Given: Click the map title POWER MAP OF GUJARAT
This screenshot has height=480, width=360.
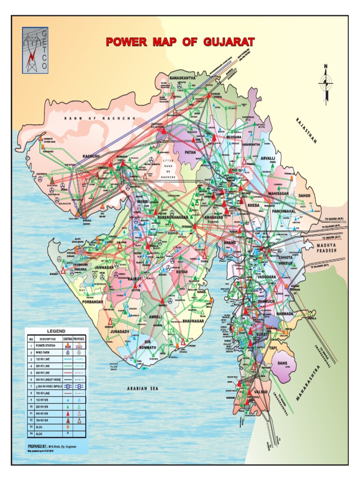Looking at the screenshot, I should [x=180, y=42].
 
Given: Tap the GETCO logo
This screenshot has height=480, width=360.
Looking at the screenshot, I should [x=35, y=50].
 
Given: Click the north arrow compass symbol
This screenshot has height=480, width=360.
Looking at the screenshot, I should [x=326, y=82].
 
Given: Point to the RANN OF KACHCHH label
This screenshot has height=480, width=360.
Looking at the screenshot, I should [x=99, y=119].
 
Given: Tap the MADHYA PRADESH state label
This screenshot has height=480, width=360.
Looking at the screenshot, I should [x=330, y=248].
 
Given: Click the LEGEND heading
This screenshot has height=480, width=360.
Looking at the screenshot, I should [x=56, y=332].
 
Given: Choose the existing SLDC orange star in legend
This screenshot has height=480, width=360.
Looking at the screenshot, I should [x=67, y=427].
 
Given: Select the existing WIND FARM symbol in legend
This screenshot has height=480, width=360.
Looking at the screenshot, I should [x=67, y=352].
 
